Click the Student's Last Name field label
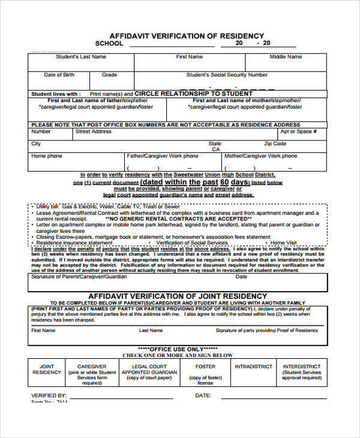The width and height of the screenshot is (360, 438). click(x=81, y=57)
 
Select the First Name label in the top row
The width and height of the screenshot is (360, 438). click(x=189, y=57)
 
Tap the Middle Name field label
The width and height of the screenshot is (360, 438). click(x=286, y=57)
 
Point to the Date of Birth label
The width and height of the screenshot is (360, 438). click(x=59, y=75)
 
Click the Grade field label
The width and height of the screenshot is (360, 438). click(x=109, y=75)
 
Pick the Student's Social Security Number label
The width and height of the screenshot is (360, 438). click(x=227, y=75)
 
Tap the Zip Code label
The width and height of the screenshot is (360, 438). click(x=276, y=144)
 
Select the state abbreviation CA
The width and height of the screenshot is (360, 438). click(x=215, y=150)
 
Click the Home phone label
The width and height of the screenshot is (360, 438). click(x=47, y=156)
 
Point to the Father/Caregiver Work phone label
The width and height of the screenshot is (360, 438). click(x=162, y=156)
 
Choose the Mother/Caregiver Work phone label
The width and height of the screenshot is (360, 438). click(x=260, y=156)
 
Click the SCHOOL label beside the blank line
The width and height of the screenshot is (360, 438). click(x=109, y=44)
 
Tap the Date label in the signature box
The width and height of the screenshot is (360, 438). click(x=241, y=277)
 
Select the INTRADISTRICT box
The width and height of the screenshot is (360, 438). click(x=253, y=366)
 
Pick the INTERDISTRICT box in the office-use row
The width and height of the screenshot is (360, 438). click(x=302, y=372)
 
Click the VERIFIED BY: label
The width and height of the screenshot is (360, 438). click(x=49, y=396)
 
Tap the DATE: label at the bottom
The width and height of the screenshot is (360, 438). click(x=203, y=396)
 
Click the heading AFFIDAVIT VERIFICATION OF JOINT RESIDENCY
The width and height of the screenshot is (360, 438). click(x=178, y=296)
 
